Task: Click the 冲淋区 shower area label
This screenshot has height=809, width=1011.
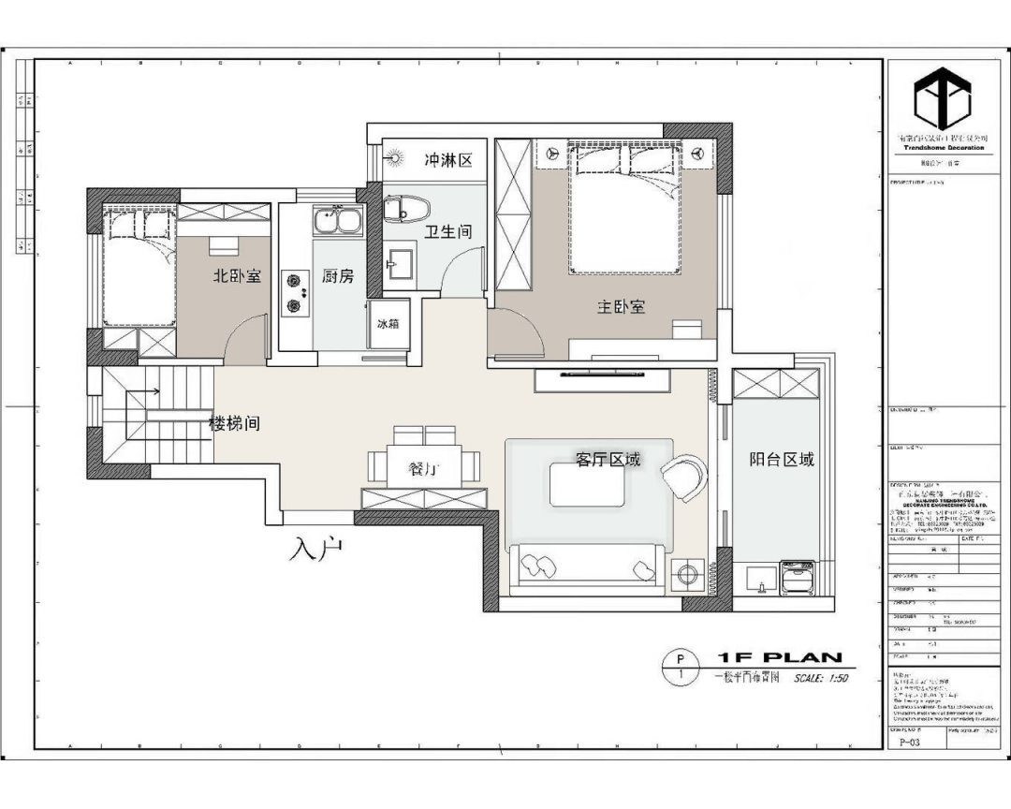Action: tap(448, 160)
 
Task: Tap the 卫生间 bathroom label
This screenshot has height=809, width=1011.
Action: tap(448, 231)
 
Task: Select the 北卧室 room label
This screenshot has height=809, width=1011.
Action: tap(237, 276)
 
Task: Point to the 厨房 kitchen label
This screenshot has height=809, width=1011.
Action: tap(338, 276)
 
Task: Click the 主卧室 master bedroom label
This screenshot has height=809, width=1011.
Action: tap(621, 306)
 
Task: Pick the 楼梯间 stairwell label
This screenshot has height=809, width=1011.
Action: tap(234, 424)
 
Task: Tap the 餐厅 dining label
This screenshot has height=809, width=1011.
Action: tap(425, 469)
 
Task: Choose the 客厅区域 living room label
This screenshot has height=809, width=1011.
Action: tap(608, 459)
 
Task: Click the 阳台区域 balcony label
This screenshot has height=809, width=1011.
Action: tap(782, 459)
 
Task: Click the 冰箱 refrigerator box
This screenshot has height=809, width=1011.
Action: tap(388, 324)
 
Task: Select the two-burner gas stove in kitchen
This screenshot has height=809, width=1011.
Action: tap(297, 291)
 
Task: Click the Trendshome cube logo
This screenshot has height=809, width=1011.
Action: tap(943, 100)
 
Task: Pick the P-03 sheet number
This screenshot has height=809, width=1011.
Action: tap(906, 742)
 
